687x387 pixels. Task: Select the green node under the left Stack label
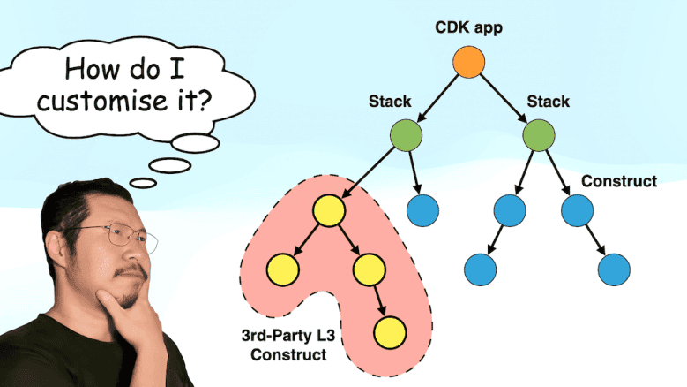pos(406,135)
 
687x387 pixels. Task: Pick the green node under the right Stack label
pos(538,135)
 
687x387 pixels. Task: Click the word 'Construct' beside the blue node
pos(619,181)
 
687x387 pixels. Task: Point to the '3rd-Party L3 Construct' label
pos(284,345)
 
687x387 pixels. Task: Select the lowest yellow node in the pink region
pos(388,333)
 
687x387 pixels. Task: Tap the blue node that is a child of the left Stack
pos(422,209)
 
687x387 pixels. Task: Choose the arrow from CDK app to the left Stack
pos(438,97)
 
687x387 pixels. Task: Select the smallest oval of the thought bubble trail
pos(143,183)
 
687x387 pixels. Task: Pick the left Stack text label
pos(390,102)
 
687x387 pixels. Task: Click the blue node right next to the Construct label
pos(577,209)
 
